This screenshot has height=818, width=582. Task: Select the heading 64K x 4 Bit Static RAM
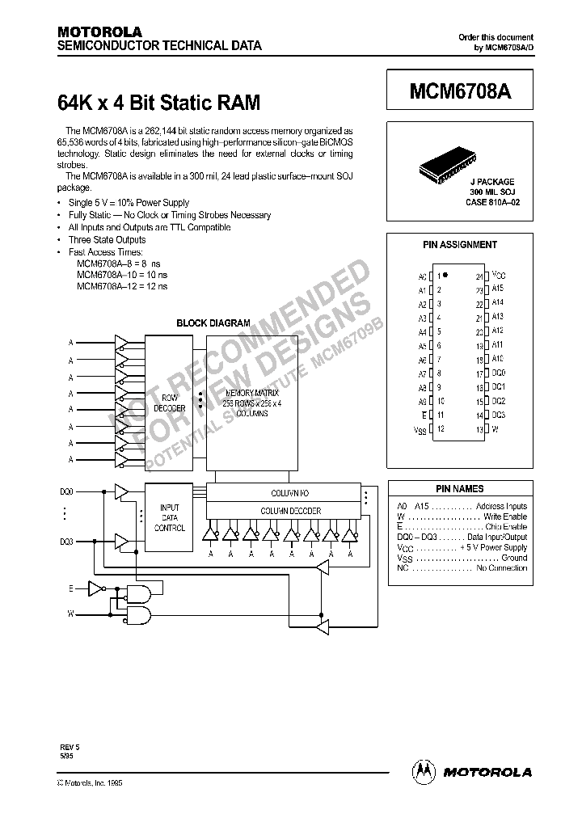[159, 103]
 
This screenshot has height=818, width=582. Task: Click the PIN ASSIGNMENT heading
[460, 244]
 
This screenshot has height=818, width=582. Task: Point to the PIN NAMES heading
[459, 489]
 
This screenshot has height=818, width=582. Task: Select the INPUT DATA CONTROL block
[170, 517]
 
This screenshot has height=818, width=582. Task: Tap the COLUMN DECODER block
[290, 511]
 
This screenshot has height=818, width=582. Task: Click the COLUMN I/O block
[290, 492]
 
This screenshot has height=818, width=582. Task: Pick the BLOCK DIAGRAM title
[213, 323]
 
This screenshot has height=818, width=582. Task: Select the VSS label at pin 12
[420, 430]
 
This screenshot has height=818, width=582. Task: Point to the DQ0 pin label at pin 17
[498, 373]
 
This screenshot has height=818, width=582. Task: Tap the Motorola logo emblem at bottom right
[423, 771]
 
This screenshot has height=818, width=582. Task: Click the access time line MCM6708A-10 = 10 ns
[122, 275]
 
